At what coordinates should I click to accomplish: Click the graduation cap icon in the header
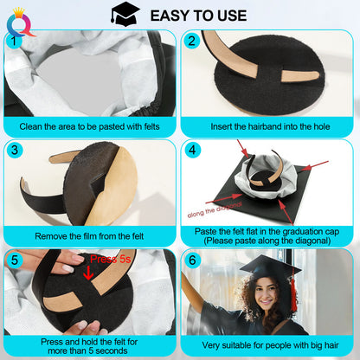[x=125, y=14]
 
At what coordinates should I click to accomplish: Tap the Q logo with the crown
[x=20, y=23]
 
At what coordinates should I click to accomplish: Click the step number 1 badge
[x=14, y=41]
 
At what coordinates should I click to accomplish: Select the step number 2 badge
[x=191, y=41]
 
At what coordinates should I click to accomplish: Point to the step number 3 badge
[x=15, y=150]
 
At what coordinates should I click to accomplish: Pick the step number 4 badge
[x=192, y=150]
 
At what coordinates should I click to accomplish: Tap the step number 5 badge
[x=15, y=260]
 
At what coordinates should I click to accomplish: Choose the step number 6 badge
[x=192, y=260]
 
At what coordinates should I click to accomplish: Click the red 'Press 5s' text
[x=111, y=259]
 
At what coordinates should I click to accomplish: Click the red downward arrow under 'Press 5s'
[x=88, y=273]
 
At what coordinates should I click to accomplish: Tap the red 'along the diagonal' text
[x=215, y=209]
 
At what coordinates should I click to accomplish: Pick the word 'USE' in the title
[x=232, y=16]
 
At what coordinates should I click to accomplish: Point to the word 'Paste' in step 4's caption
[x=206, y=231]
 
